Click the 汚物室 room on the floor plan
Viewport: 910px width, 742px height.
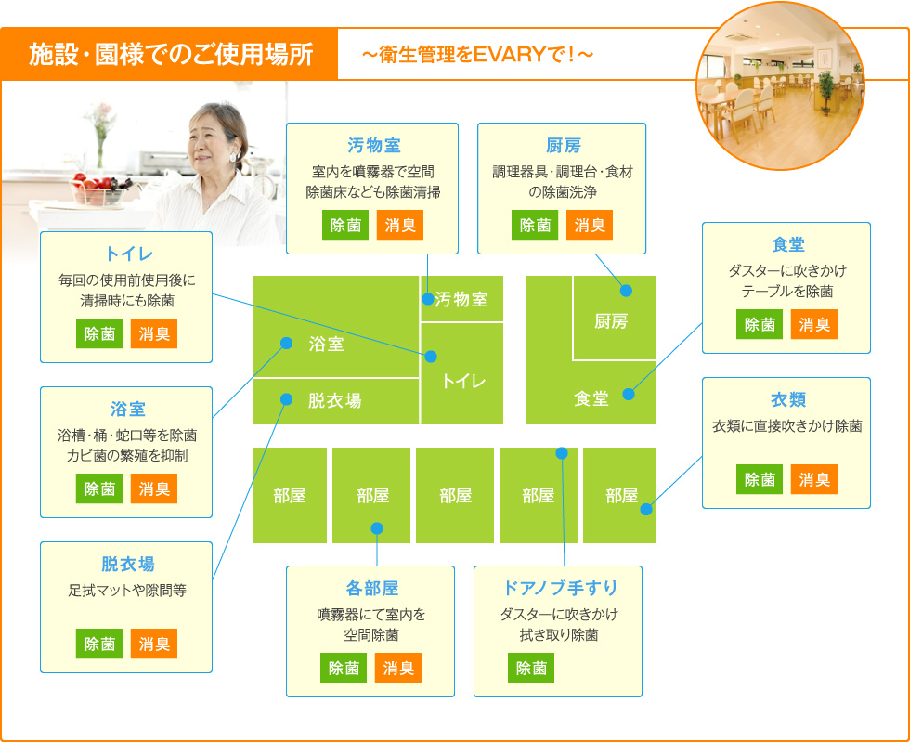pyautogui.click(x=462, y=298)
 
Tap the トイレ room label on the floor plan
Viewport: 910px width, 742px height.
pyautogui.click(x=463, y=381)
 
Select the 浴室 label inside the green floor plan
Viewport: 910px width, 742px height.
pyautogui.click(x=326, y=344)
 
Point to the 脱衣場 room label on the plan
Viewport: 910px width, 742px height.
pyautogui.click(x=335, y=400)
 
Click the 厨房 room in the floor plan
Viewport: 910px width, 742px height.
pyautogui.click(x=615, y=318)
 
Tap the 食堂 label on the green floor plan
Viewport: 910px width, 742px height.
pyautogui.click(x=591, y=398)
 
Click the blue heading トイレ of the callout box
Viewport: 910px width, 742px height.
pyautogui.click(x=128, y=254)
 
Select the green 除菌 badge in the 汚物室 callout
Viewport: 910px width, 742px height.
pyautogui.click(x=345, y=226)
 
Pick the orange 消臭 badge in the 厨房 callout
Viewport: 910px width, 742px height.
pyautogui.click(x=590, y=226)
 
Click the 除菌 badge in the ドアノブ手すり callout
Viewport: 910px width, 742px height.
pyautogui.click(x=531, y=668)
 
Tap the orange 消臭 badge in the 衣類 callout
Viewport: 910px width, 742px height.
pyautogui.click(x=814, y=479)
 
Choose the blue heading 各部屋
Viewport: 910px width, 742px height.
pyautogui.click(x=372, y=588)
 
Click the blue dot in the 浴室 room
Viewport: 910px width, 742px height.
pyautogui.click(x=286, y=343)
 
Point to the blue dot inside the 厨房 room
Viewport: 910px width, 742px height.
pyautogui.click(x=626, y=291)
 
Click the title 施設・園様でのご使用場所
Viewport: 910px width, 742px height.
pyautogui.click(x=171, y=54)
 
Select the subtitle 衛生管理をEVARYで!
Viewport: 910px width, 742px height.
pyautogui.click(x=477, y=55)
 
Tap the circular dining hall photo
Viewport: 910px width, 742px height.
pyautogui.click(x=781, y=86)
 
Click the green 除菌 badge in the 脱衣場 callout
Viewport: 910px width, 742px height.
pyautogui.click(x=99, y=644)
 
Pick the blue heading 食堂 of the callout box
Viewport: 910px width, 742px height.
pyautogui.click(x=788, y=244)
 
